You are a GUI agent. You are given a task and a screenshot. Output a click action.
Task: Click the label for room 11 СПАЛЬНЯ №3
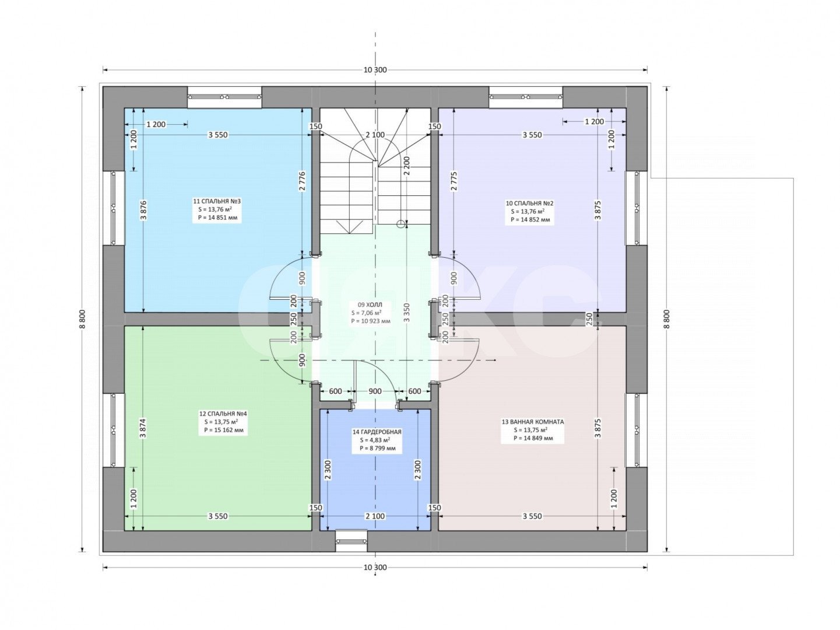click(x=217, y=201)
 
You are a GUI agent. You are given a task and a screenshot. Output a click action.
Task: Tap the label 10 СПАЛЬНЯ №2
click(x=529, y=203)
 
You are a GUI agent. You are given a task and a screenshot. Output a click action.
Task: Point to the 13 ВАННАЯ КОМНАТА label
click(x=532, y=422)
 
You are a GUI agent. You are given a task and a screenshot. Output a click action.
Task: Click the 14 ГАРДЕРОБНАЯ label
click(x=377, y=432)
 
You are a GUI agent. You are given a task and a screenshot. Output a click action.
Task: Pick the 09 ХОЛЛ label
click(x=370, y=304)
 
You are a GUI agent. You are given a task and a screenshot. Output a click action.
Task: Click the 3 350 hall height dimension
click(x=406, y=313)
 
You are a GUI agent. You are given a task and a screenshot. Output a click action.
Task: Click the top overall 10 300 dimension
click(x=375, y=69)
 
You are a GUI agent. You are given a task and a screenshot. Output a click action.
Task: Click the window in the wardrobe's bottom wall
click(x=352, y=541)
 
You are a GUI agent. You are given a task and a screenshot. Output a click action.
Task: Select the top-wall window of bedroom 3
click(x=224, y=97)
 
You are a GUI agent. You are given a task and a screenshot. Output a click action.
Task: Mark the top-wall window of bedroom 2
click(x=526, y=97)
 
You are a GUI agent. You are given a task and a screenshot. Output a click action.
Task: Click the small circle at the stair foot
click(x=400, y=224)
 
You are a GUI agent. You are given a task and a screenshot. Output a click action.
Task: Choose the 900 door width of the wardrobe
click(x=375, y=391)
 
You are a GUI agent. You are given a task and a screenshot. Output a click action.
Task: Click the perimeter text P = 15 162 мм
click(x=224, y=430)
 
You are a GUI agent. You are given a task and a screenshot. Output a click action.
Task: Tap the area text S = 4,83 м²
click(x=375, y=440)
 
